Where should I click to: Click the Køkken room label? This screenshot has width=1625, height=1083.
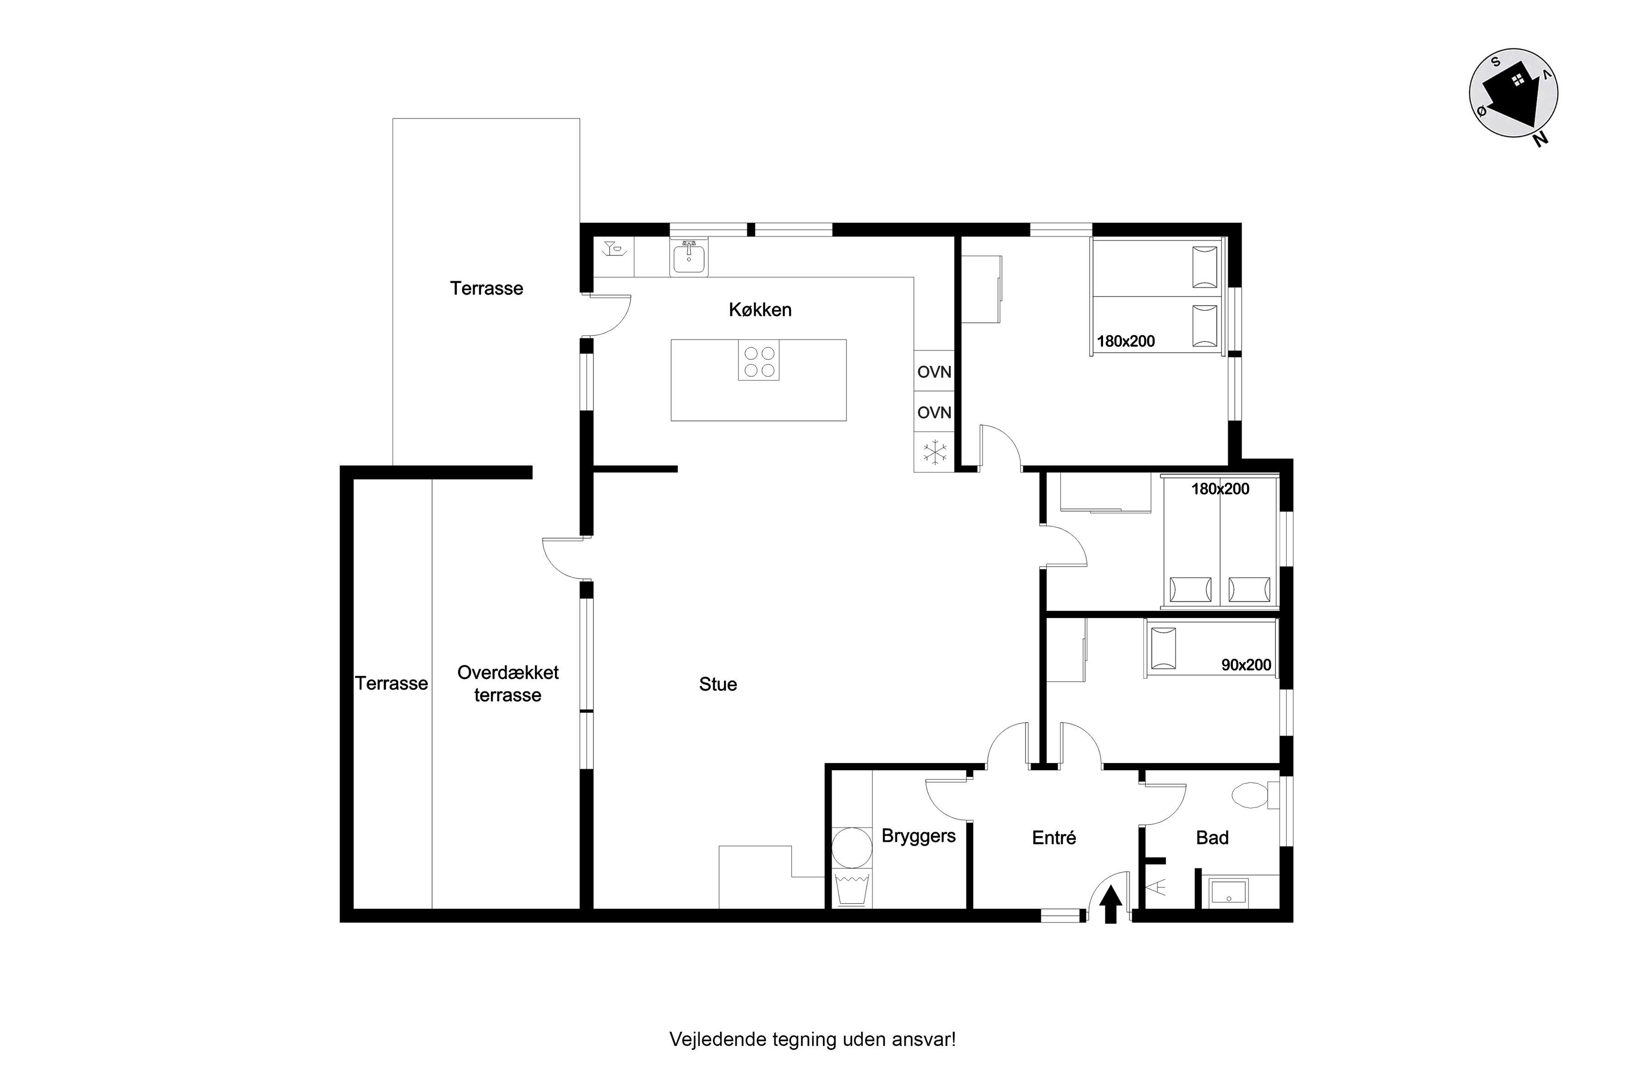point(760,309)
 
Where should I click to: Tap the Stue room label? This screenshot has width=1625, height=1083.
point(718,684)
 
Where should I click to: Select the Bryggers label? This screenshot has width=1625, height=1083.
point(918,836)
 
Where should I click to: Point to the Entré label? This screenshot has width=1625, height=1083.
point(1054,837)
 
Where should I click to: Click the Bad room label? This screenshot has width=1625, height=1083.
point(1212,837)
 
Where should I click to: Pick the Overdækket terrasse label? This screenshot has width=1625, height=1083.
point(508,683)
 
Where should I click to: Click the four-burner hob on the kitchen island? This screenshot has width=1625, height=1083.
point(759,360)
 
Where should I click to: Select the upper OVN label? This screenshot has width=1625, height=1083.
point(934,371)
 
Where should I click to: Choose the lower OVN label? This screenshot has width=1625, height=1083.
point(934,412)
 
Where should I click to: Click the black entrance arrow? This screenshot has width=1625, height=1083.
point(1110,905)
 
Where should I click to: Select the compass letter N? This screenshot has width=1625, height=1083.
point(1540,139)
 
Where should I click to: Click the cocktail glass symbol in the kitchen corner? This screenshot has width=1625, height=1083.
point(614,249)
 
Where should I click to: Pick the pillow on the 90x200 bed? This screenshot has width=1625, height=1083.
point(1164,648)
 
